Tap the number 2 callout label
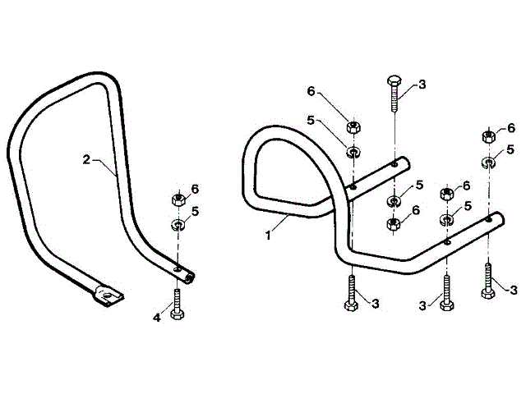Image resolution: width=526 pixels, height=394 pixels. [x=86, y=159]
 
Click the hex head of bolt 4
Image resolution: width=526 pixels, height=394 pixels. [x=178, y=314]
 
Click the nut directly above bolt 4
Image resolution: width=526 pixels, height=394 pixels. [x=177, y=199]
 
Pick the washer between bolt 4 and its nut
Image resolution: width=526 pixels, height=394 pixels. [x=177, y=223]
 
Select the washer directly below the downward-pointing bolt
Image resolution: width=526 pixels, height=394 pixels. [x=394, y=201]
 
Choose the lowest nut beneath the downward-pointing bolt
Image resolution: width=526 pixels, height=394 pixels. [x=394, y=224]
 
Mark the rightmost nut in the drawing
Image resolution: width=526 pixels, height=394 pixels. [x=488, y=136]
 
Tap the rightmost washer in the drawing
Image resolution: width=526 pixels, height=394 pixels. [x=488, y=160]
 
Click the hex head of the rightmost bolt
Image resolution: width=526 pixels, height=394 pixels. [x=489, y=301]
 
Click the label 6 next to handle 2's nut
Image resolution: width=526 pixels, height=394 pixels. [x=195, y=189]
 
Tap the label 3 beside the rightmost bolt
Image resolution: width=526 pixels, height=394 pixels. [x=514, y=290]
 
